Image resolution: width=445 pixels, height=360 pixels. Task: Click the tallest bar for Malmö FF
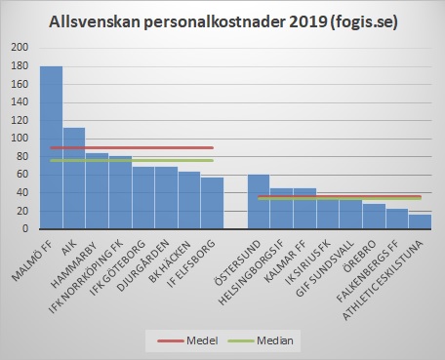51,147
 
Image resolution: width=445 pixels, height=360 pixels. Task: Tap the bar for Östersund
259,201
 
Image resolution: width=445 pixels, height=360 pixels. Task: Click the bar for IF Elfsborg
213,203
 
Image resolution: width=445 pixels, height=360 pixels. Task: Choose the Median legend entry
270,340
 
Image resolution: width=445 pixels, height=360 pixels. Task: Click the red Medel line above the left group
132,147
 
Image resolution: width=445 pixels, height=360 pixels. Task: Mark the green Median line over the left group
132,160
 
